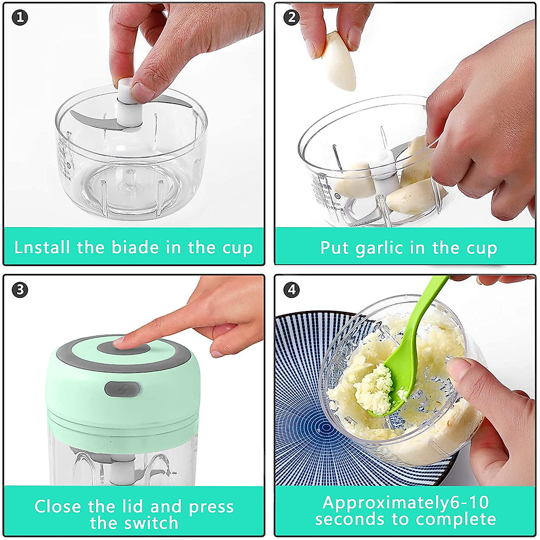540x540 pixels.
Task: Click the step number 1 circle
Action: (x=20, y=18)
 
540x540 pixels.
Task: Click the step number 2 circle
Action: (x=292, y=18)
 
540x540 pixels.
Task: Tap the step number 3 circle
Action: (x=20, y=290)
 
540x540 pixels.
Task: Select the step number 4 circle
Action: (x=292, y=290)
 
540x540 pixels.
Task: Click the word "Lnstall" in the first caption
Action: (x=42, y=247)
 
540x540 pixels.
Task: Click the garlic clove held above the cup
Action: (x=338, y=61)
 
